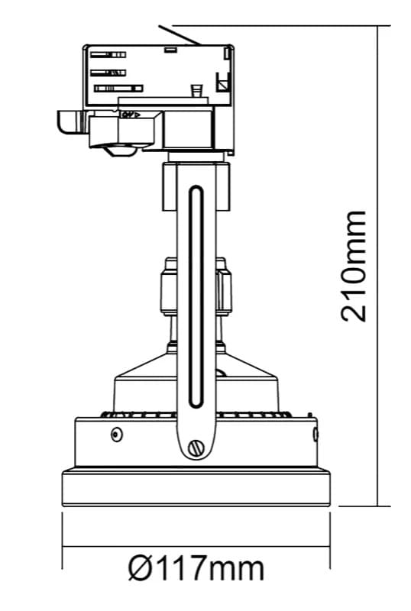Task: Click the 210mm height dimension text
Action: (354, 267)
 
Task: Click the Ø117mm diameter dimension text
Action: (196, 569)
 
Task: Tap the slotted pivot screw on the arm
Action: (196, 448)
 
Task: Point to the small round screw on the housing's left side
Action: (117, 434)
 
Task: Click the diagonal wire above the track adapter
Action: (180, 35)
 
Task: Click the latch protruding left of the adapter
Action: (71, 122)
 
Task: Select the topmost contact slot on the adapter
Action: (108, 54)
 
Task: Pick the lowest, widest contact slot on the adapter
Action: (118, 89)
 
